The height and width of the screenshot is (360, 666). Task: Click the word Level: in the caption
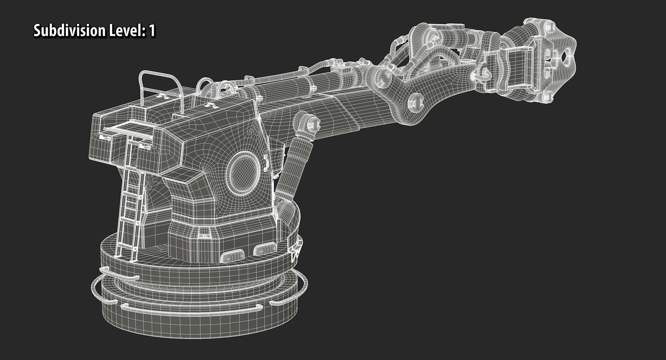tap(129, 31)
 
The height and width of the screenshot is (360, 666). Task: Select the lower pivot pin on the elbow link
tap(415, 102)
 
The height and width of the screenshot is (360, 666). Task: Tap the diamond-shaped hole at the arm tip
tap(567, 54)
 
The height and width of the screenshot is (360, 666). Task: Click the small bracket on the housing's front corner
tap(266, 163)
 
